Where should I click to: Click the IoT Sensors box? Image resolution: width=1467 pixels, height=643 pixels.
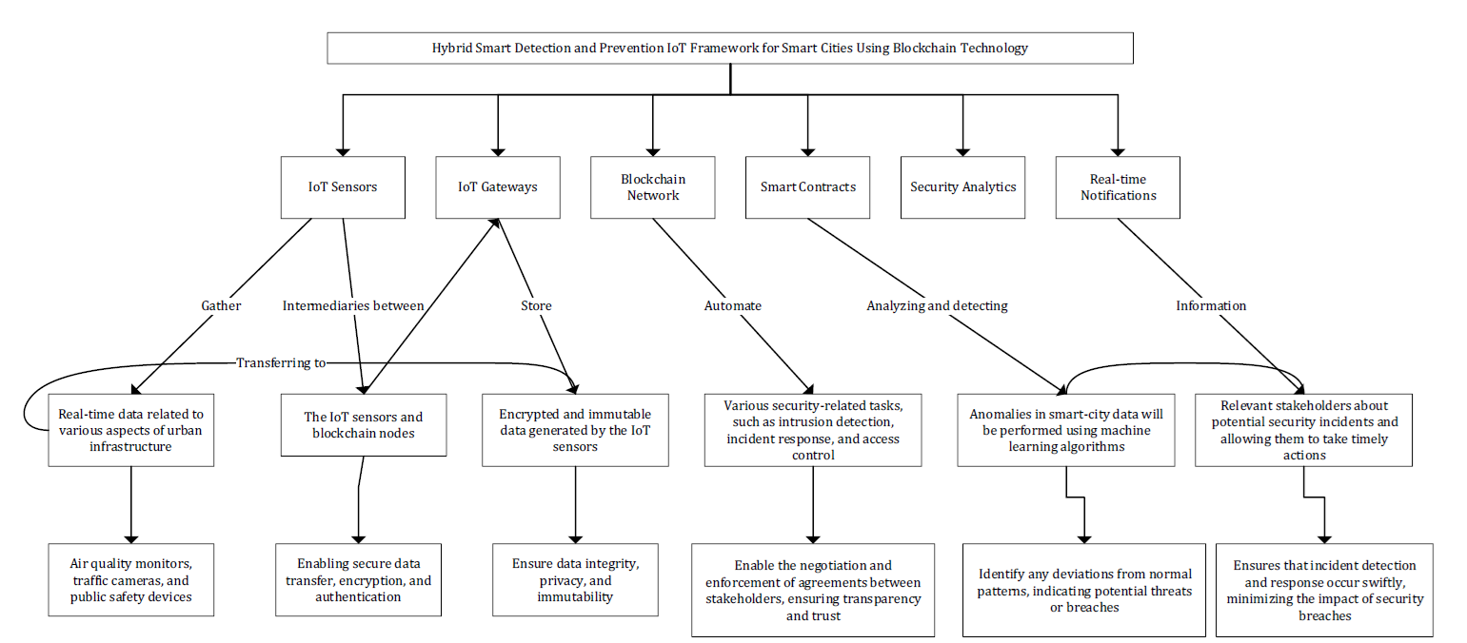343,187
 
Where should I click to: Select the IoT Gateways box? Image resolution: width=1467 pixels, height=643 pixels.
498,187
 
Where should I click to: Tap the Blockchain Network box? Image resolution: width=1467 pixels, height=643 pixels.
653,187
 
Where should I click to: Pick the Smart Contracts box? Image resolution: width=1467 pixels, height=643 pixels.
807,187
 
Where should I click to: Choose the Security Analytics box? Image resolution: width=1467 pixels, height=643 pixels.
962,187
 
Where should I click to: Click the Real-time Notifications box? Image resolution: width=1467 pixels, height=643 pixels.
1118,187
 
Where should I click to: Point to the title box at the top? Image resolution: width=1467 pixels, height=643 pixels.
730,49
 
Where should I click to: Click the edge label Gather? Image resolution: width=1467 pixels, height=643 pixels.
221,305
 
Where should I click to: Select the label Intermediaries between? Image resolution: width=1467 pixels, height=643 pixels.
353,305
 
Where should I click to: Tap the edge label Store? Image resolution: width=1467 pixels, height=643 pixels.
536,305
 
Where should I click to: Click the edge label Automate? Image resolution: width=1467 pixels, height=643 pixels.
733,305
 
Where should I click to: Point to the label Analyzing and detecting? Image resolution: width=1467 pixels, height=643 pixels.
937,305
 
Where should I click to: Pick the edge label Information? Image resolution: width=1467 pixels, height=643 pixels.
1211,305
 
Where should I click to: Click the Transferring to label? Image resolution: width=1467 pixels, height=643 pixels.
281,362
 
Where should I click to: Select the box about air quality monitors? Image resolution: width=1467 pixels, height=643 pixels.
131,579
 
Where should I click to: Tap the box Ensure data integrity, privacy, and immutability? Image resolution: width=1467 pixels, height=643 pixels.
575,579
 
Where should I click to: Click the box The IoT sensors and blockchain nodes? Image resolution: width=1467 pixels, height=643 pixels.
364,425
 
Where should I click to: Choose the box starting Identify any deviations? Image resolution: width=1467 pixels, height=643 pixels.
1084,590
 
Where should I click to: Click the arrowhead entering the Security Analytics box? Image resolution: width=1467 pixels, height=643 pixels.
962,152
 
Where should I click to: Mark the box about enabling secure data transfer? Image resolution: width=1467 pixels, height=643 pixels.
358,579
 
